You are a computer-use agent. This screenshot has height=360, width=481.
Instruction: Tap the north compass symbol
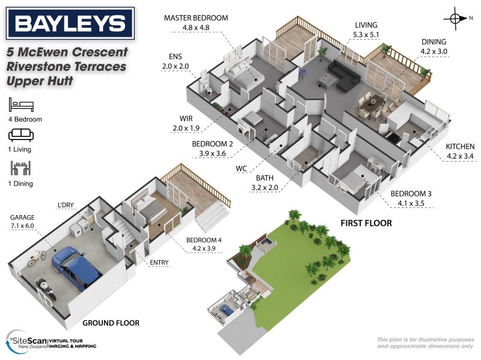pyautogui.click(x=455, y=19)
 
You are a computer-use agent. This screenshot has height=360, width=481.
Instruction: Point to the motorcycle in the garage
pyautogui.click(x=47, y=289)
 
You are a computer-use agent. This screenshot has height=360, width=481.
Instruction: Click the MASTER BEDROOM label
pyautogui.click(x=196, y=18)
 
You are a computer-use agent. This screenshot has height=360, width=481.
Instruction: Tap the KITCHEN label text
pyautogui.click(x=460, y=147)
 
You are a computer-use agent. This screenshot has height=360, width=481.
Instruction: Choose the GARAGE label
pyautogui.click(x=22, y=217)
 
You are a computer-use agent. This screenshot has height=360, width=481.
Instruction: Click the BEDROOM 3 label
pyautogui.click(x=412, y=194)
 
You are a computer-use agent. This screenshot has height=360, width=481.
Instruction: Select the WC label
pyautogui.click(x=242, y=168)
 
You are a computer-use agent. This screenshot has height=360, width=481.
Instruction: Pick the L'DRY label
pyautogui.click(x=65, y=206)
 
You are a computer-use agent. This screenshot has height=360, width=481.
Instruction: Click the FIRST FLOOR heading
pyautogui.click(x=366, y=223)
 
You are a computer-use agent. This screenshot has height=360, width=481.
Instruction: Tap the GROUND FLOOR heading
pyautogui.click(x=111, y=323)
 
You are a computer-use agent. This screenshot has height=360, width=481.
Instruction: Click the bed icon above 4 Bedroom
pyautogui.click(x=22, y=105)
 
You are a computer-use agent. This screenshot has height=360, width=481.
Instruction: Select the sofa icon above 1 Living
pyautogui.click(x=22, y=134)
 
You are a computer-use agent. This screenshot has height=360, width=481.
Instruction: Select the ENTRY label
pyautogui.click(x=159, y=262)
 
